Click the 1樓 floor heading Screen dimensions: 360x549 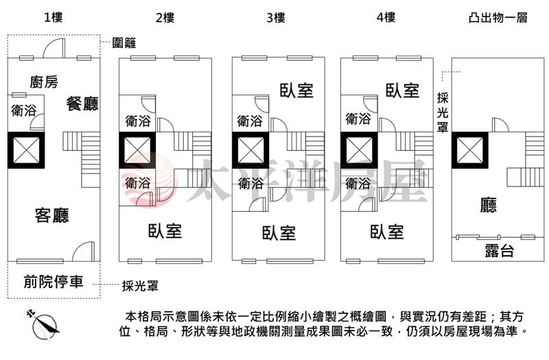[53, 18]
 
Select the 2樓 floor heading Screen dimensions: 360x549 [165, 18]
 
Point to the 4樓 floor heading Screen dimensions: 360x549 [386, 18]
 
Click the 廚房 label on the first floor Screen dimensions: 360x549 [44, 83]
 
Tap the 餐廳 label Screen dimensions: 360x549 [82, 104]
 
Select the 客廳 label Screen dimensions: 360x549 [52, 216]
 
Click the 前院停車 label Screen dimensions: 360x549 [54, 281]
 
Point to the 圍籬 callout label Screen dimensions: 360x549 [124, 43]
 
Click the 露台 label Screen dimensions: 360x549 [499, 250]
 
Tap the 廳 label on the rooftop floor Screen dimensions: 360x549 [489, 204]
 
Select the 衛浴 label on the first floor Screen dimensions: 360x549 [24, 110]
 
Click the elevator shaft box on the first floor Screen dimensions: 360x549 [25, 149]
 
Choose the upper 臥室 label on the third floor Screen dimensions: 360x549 [296, 90]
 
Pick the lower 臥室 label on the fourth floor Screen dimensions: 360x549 [386, 231]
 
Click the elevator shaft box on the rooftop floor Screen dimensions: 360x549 [469, 149]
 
